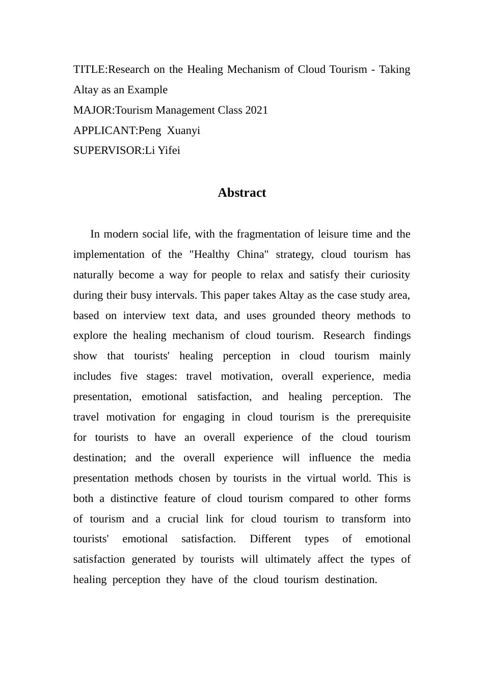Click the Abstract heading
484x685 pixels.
click(241, 193)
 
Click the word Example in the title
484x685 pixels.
click(147, 90)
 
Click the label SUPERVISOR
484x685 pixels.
click(107, 150)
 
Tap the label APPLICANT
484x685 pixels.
click(104, 130)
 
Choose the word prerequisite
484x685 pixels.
click(384, 417)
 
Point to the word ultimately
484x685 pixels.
click(288, 559)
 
